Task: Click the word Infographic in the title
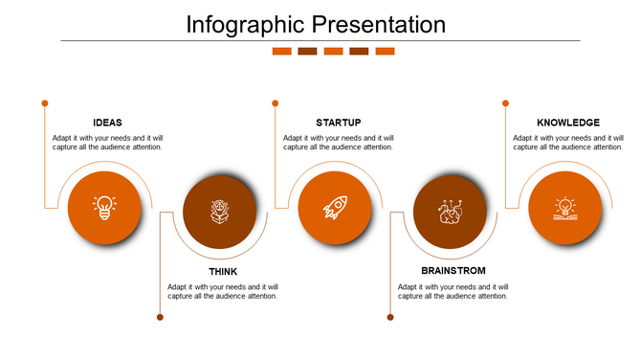[x=246, y=24]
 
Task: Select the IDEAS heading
[x=107, y=123]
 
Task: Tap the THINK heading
[x=223, y=272]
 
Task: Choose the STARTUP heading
[x=338, y=123]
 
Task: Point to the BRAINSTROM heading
[x=453, y=272]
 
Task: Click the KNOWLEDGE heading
[x=568, y=123]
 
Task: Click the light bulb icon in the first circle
[x=104, y=208]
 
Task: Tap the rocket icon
[x=334, y=208]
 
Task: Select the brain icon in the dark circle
[x=450, y=212]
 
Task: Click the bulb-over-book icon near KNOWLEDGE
[x=564, y=208]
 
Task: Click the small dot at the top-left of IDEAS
[x=44, y=102]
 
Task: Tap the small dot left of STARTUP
[x=275, y=102]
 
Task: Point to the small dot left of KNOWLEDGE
[x=505, y=102]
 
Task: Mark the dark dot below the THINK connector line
[x=160, y=317]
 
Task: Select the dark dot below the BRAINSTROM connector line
[x=390, y=317]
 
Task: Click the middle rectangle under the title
[x=333, y=52]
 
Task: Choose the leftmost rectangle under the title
[x=281, y=52]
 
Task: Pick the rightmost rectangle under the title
[x=385, y=52]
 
